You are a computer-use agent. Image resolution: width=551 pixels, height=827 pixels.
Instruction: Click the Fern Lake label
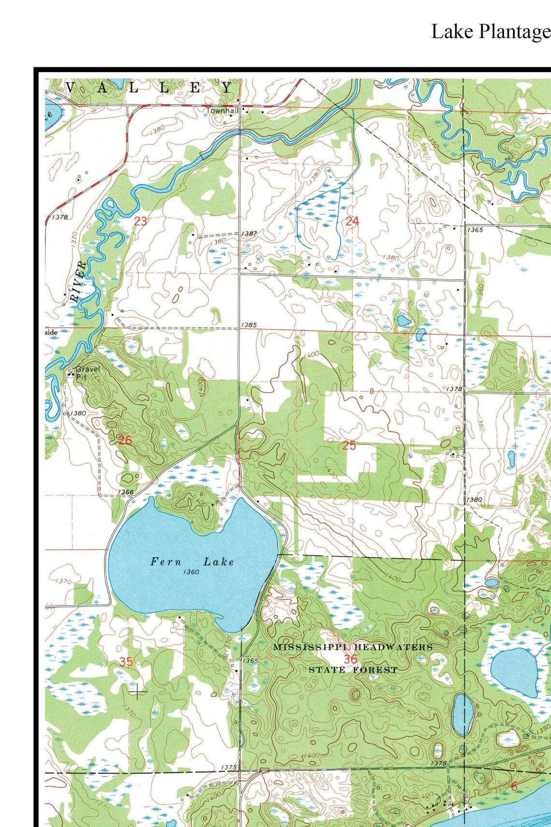(192, 561)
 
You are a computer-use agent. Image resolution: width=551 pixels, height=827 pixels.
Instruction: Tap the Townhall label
(222, 111)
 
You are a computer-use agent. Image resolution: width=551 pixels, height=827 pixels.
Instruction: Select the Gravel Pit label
(87, 372)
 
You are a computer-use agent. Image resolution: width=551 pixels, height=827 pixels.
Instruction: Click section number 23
(140, 222)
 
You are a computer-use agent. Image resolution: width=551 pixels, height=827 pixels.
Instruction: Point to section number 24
(352, 222)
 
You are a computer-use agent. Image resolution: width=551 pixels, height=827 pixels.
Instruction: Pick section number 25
(349, 445)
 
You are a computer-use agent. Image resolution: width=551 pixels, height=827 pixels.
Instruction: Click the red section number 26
(125, 441)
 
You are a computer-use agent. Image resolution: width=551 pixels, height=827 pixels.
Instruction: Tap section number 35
(126, 662)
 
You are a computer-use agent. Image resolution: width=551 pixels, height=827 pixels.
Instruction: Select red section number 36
(350, 659)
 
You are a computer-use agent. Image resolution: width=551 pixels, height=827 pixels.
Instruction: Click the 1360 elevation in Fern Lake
(191, 572)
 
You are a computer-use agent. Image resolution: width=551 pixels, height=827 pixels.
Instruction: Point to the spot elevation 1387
(249, 234)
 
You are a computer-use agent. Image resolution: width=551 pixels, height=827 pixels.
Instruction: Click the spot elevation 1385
(249, 325)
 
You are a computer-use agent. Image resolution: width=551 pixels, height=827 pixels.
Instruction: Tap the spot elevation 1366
(125, 492)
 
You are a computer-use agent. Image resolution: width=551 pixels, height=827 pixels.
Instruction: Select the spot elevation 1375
(229, 768)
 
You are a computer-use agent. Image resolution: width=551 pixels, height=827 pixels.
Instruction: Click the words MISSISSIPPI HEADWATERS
(353, 647)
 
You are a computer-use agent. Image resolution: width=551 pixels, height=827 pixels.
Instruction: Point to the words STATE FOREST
(353, 670)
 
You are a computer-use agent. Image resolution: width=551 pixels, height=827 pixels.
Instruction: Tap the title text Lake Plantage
(490, 32)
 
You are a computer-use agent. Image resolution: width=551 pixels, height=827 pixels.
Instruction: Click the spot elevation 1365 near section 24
(475, 230)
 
